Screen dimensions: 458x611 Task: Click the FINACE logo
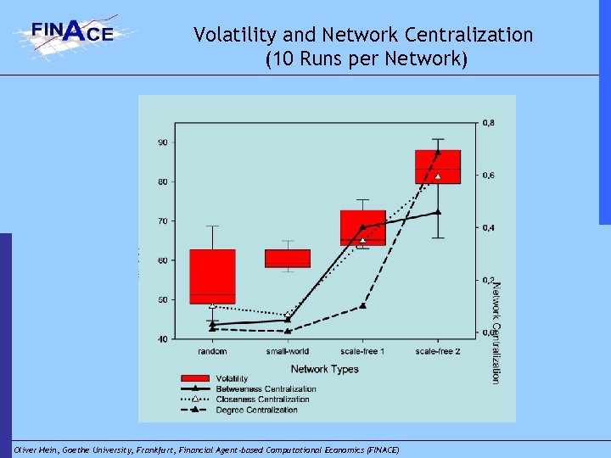click(74, 35)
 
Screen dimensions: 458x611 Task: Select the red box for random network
click(212, 276)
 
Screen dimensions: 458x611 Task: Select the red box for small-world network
click(288, 258)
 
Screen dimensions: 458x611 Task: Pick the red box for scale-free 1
click(362, 227)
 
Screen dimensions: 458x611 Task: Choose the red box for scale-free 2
click(437, 166)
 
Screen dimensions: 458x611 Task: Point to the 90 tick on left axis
click(161, 142)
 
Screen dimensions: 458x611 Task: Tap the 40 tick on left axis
click(161, 339)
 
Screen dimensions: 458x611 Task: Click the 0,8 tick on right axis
click(489, 123)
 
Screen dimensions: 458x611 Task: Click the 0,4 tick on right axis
click(489, 228)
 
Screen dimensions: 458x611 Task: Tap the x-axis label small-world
click(288, 351)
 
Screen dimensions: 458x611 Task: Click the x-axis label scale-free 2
click(437, 351)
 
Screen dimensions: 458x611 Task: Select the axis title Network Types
click(324, 369)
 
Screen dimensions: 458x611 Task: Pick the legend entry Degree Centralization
click(257, 411)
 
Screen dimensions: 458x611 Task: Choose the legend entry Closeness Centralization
click(262, 399)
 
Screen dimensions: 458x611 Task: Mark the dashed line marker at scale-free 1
click(362, 305)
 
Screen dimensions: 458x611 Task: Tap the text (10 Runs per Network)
click(366, 60)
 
